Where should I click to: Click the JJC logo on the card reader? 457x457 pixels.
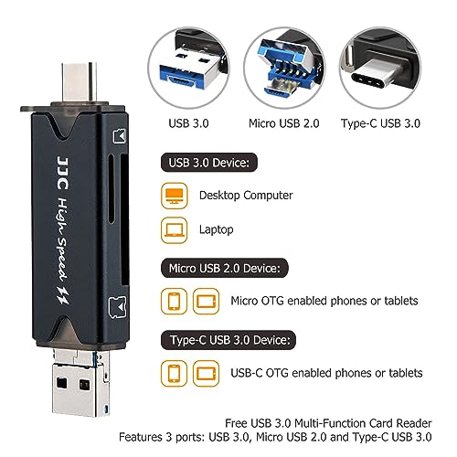pyautogui.click(x=63, y=173)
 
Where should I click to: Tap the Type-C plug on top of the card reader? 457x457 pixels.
pyautogui.click(x=80, y=82)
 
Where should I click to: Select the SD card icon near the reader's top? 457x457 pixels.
pyautogui.click(x=120, y=136)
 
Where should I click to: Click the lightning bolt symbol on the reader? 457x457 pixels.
pyautogui.click(x=63, y=295)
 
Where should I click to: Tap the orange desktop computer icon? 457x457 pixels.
pyautogui.click(x=174, y=196)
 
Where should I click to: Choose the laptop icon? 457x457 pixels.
pyautogui.click(x=174, y=230)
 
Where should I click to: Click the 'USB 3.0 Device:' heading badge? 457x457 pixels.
pyautogui.click(x=209, y=163)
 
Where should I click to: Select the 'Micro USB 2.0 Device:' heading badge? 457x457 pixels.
pyautogui.click(x=225, y=268)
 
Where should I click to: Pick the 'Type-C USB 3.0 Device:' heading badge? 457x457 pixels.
pyautogui.click(x=228, y=340)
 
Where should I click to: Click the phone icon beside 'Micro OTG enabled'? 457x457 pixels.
pyautogui.click(x=174, y=301)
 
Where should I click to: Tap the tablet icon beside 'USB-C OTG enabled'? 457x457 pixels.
pyautogui.click(x=206, y=373)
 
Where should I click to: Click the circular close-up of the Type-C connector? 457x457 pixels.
pyautogui.click(x=380, y=68)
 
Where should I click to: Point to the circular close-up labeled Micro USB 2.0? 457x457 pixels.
pyautogui.click(x=284, y=68)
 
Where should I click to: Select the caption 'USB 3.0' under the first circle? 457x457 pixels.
pyautogui.click(x=188, y=123)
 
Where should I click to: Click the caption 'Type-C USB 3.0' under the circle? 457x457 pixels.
pyautogui.click(x=380, y=123)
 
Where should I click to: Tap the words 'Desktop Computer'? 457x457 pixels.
pyautogui.click(x=246, y=196)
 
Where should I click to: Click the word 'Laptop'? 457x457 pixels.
pyautogui.click(x=217, y=229)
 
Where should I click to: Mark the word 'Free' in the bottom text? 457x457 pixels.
pyautogui.click(x=236, y=423)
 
